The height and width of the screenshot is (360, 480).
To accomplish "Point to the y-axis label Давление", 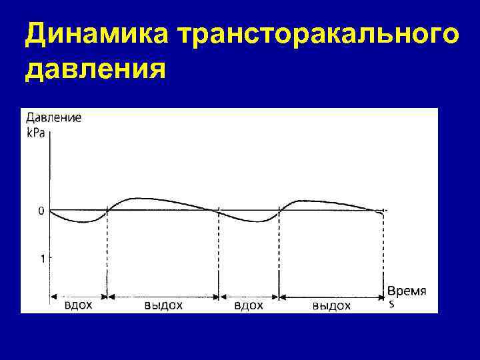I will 53,118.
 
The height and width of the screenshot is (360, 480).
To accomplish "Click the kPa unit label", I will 36,132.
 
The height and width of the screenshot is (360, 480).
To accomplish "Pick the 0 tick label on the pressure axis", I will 41,211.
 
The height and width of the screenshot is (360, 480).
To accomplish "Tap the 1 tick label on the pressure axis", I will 43,258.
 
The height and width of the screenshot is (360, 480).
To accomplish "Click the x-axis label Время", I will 407,291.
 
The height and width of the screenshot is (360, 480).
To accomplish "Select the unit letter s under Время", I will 391,305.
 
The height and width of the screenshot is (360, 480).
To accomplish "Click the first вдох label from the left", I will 78,305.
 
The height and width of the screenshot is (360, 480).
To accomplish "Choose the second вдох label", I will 249,305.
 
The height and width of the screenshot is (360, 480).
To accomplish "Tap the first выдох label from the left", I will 163,305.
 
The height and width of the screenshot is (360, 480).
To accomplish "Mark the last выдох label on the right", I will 331,305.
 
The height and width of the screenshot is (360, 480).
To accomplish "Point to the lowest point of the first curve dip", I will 82,222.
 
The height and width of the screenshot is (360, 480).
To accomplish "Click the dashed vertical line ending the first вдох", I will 107,253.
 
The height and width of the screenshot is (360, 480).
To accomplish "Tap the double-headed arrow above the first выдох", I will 163,294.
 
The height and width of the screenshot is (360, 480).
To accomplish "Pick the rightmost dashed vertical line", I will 383,253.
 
